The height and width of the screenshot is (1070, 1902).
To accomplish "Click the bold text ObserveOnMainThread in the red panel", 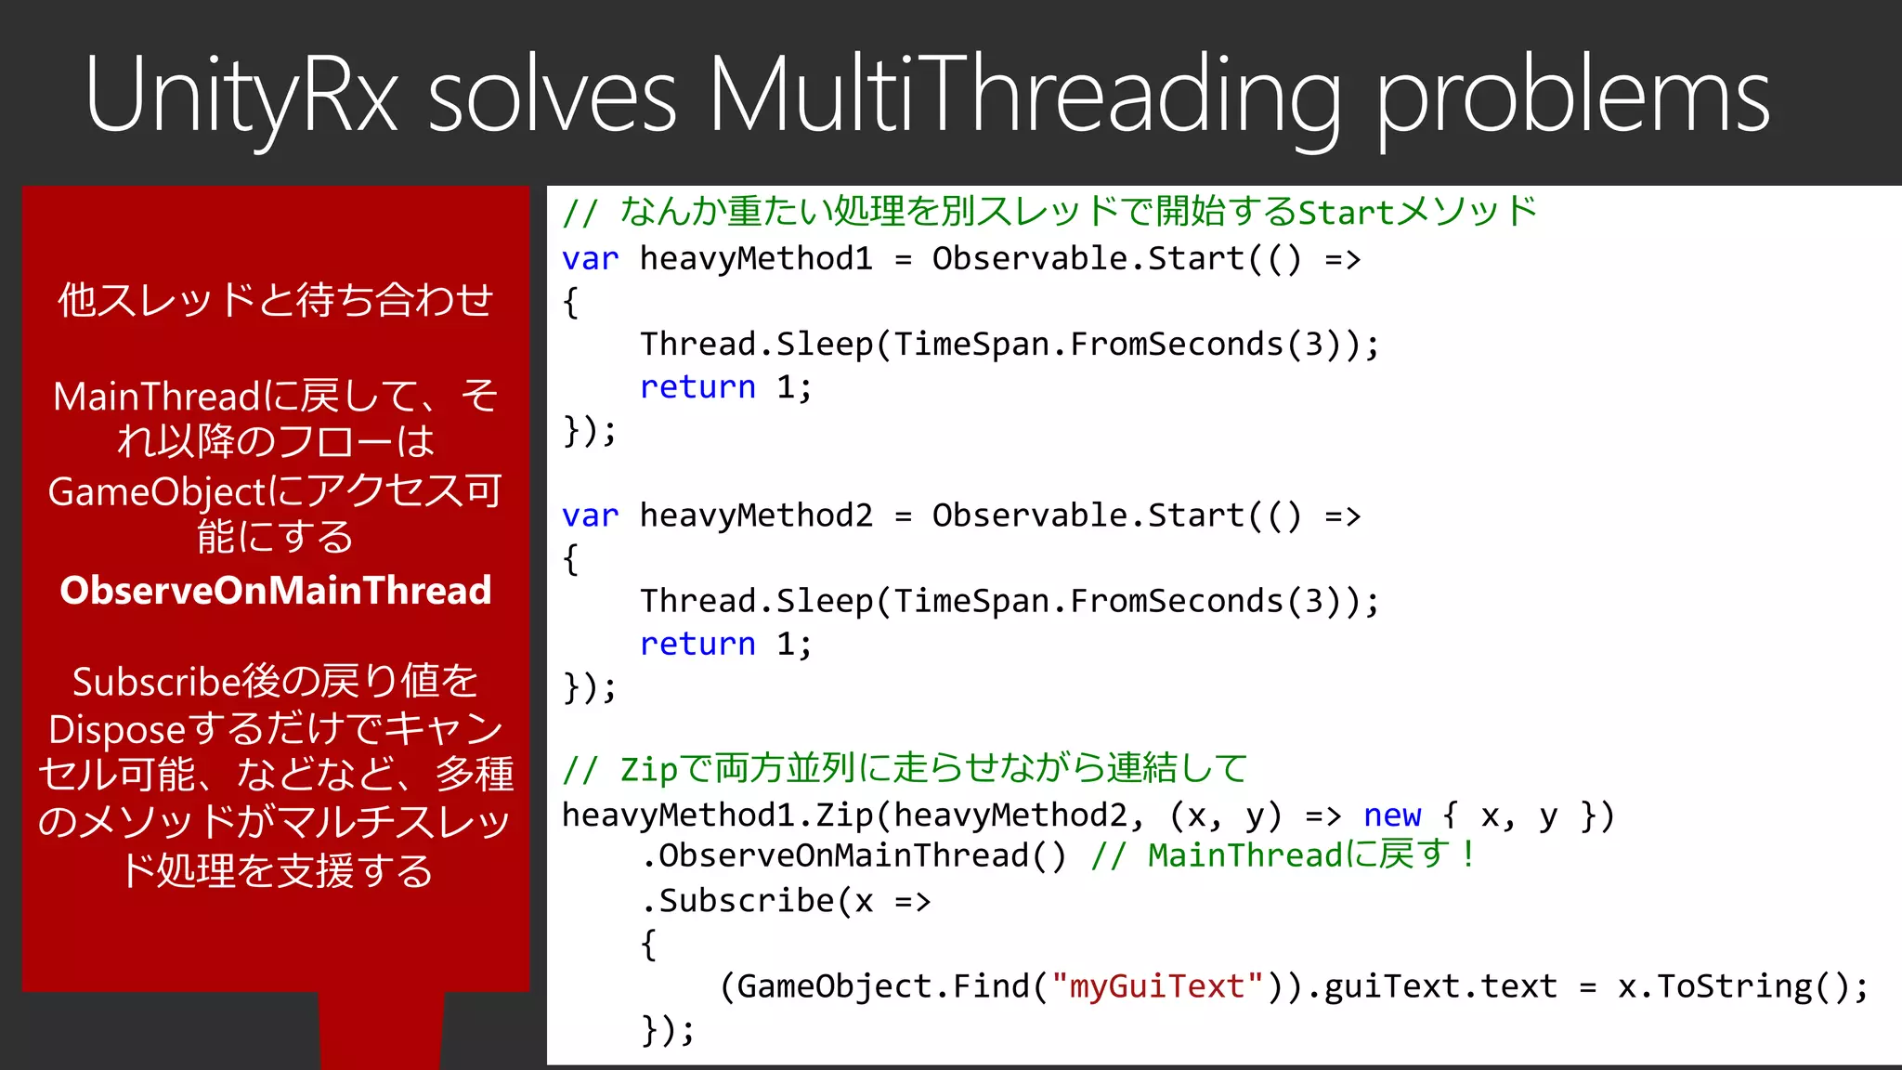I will pyautogui.click(x=276, y=591).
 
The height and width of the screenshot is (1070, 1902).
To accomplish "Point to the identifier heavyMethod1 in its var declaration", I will pyautogui.click(x=756, y=259).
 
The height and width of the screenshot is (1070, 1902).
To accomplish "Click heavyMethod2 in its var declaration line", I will pyautogui.click(x=756, y=515).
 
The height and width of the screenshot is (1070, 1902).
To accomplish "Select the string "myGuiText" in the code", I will pyautogui.click(x=1157, y=986).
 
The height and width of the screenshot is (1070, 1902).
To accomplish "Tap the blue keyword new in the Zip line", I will pyautogui.click(x=1391, y=816).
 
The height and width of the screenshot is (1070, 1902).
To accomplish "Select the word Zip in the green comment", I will pyautogui.click(x=648, y=770).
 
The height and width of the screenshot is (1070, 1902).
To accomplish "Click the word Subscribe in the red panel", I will pyautogui.click(x=156, y=683).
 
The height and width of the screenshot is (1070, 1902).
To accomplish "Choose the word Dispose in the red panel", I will pyautogui.click(x=117, y=730).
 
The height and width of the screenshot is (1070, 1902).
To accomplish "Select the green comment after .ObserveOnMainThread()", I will pyautogui.click(x=1283, y=855).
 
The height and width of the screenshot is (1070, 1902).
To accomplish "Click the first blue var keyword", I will pyautogui.click(x=590, y=259).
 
